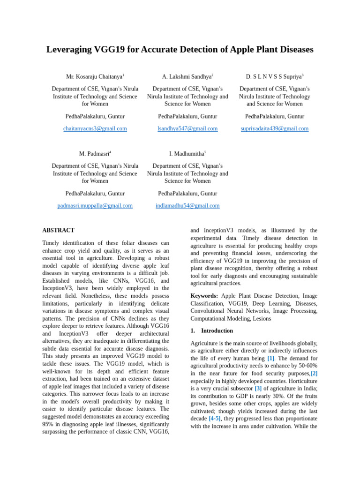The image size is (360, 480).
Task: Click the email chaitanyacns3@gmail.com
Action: point(95,128)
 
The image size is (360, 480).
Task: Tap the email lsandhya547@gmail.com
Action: point(187,128)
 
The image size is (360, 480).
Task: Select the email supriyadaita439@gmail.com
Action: point(275,128)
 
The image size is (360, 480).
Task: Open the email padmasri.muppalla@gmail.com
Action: point(95,205)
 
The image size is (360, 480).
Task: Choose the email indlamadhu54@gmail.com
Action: point(187,205)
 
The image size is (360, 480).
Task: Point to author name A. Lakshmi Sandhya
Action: point(187,76)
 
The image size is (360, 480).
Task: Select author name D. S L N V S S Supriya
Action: point(274,76)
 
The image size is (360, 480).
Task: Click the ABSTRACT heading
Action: point(58,230)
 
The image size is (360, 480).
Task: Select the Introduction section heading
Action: point(217,330)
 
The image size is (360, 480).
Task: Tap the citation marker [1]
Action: point(271,358)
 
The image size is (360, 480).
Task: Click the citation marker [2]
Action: point(314,373)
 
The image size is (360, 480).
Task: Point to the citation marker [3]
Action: point(258,388)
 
